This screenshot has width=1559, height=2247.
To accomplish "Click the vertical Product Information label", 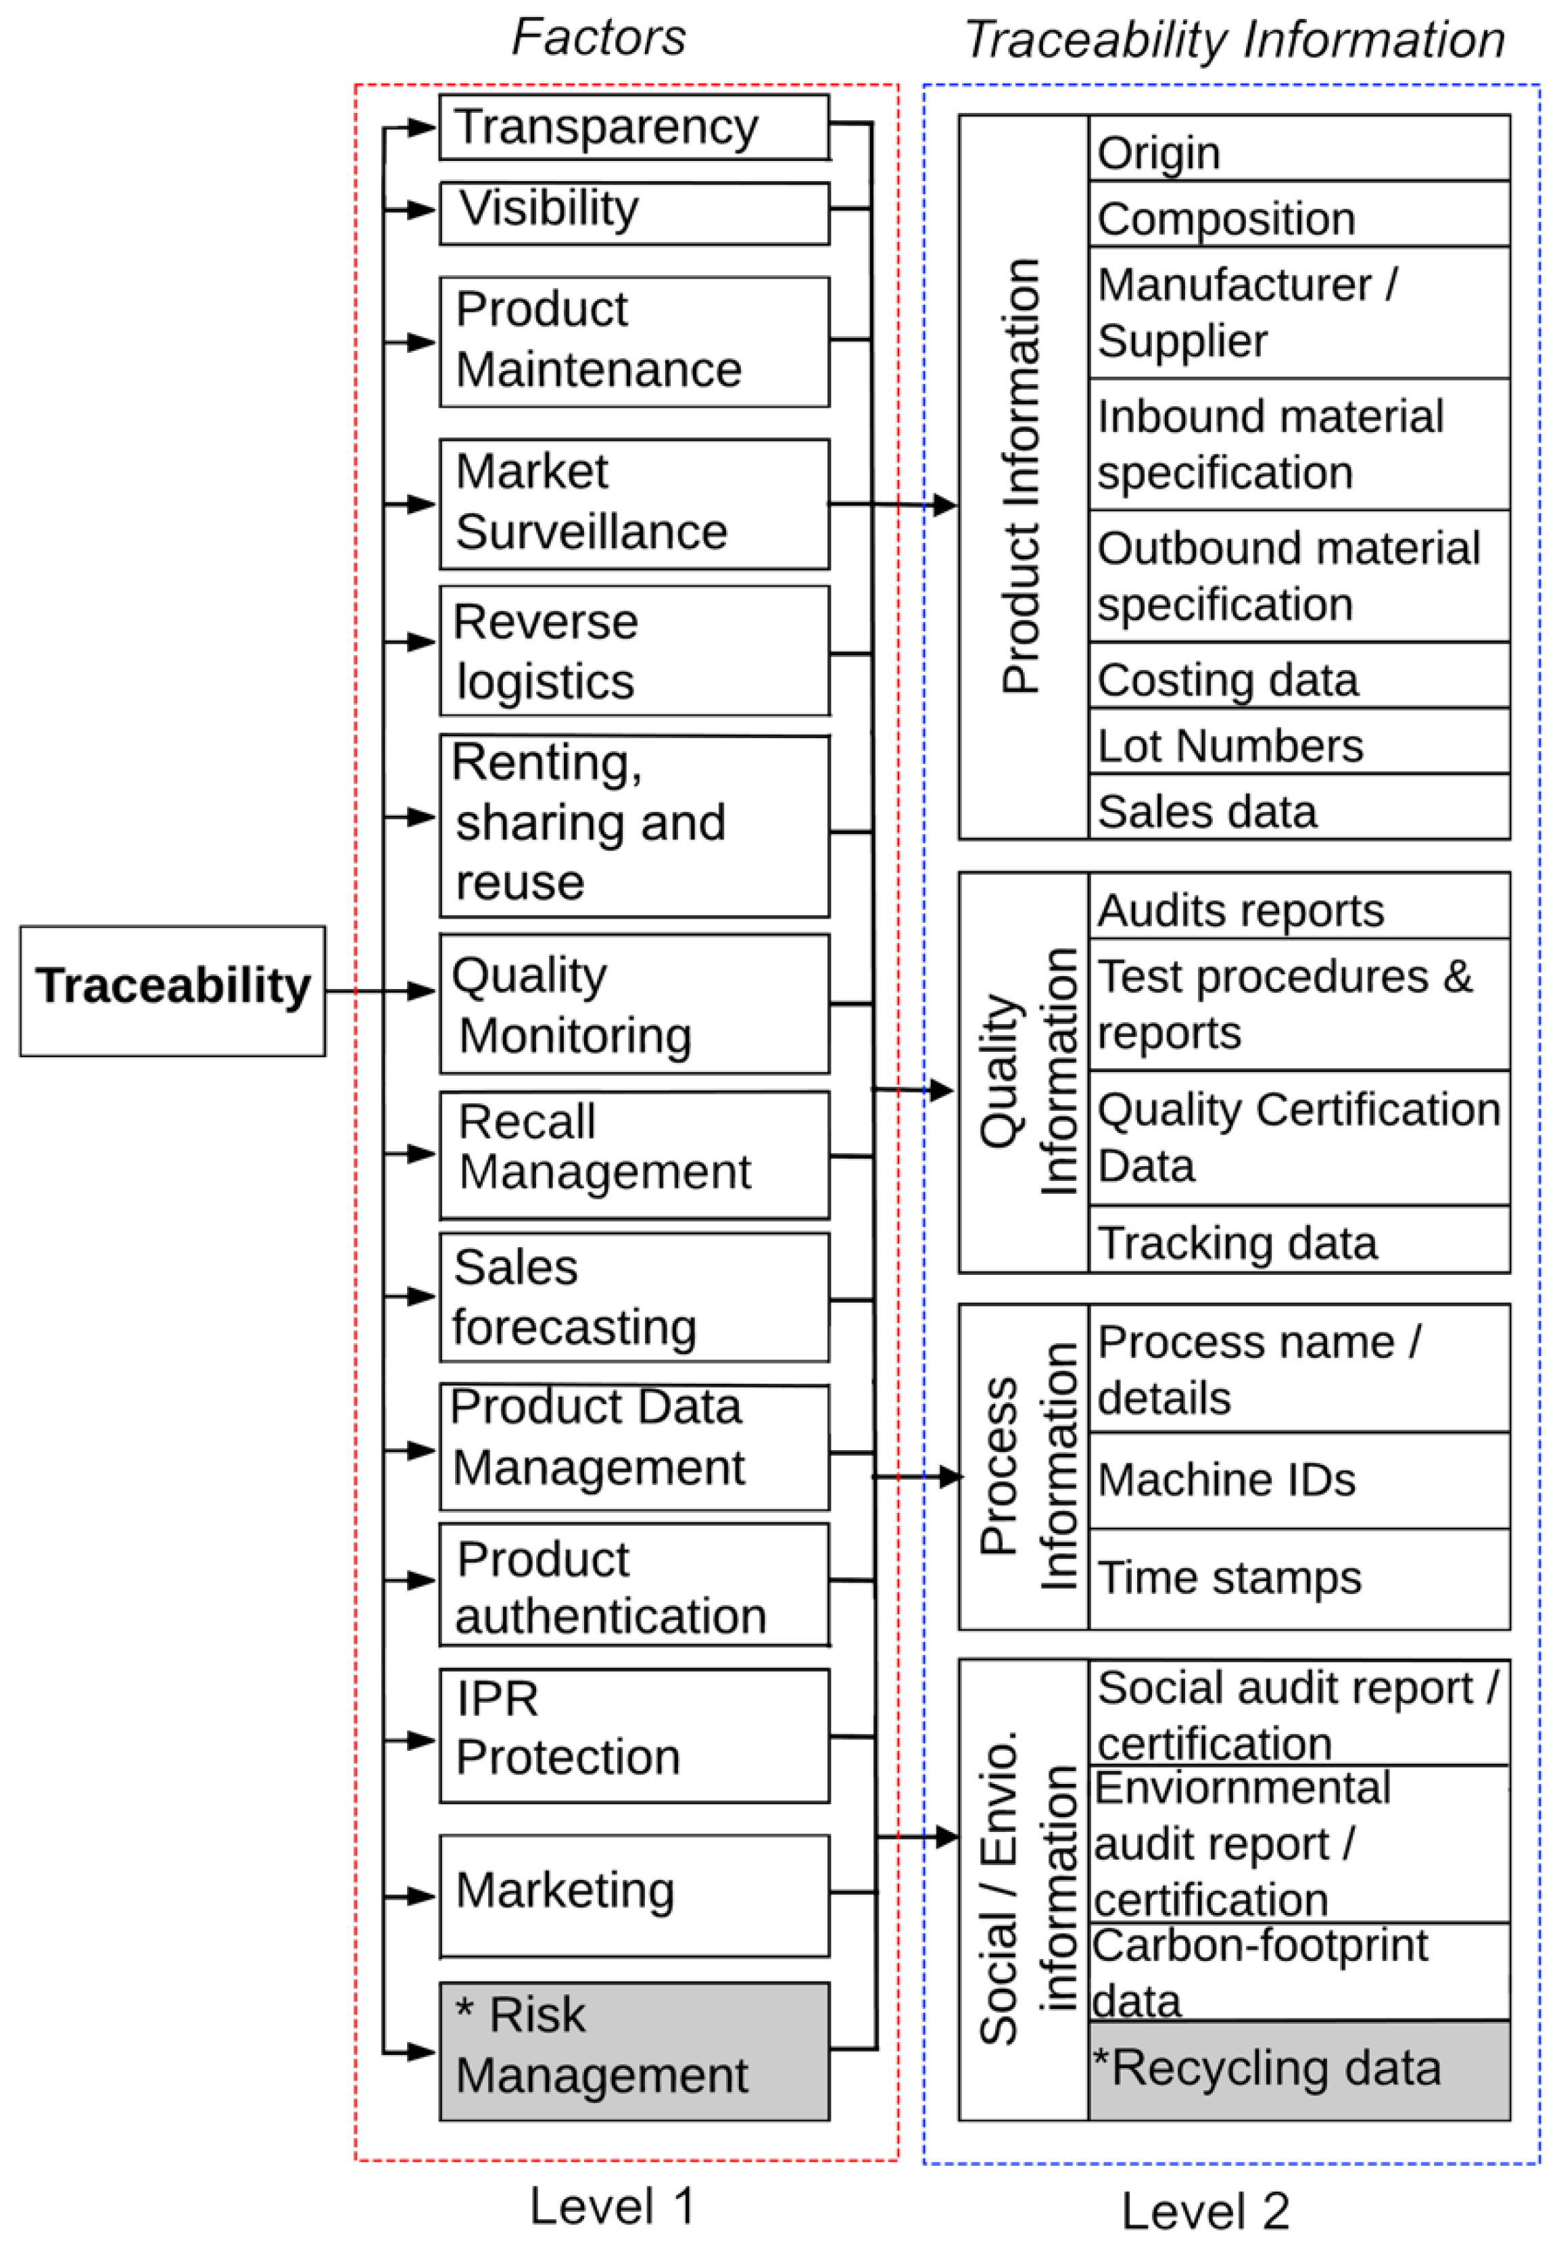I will (1022, 477).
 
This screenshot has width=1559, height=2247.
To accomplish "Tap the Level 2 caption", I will (1205, 2211).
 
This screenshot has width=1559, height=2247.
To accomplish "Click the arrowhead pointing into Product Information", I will (944, 505).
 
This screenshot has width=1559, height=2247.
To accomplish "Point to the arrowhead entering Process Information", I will (949, 1476).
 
